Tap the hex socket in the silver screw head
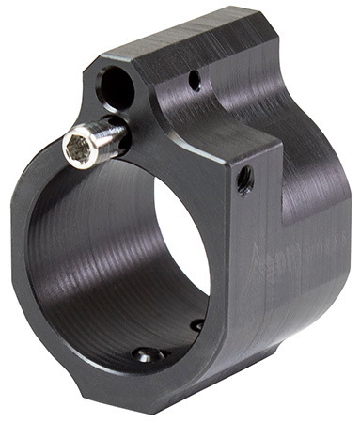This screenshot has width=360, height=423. [x=77, y=147]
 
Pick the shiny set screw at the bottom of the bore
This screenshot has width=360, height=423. [x=147, y=355]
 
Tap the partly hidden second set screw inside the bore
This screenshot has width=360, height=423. [x=197, y=324]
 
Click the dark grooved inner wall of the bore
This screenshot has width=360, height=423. [x=103, y=263]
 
